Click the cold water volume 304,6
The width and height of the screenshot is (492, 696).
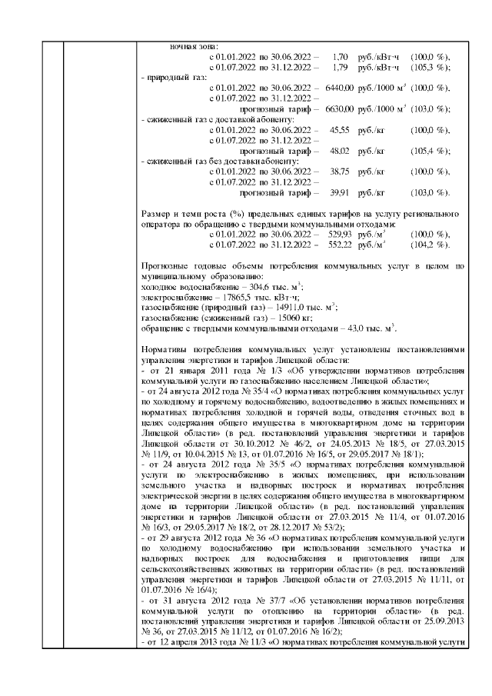(x=248, y=286)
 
